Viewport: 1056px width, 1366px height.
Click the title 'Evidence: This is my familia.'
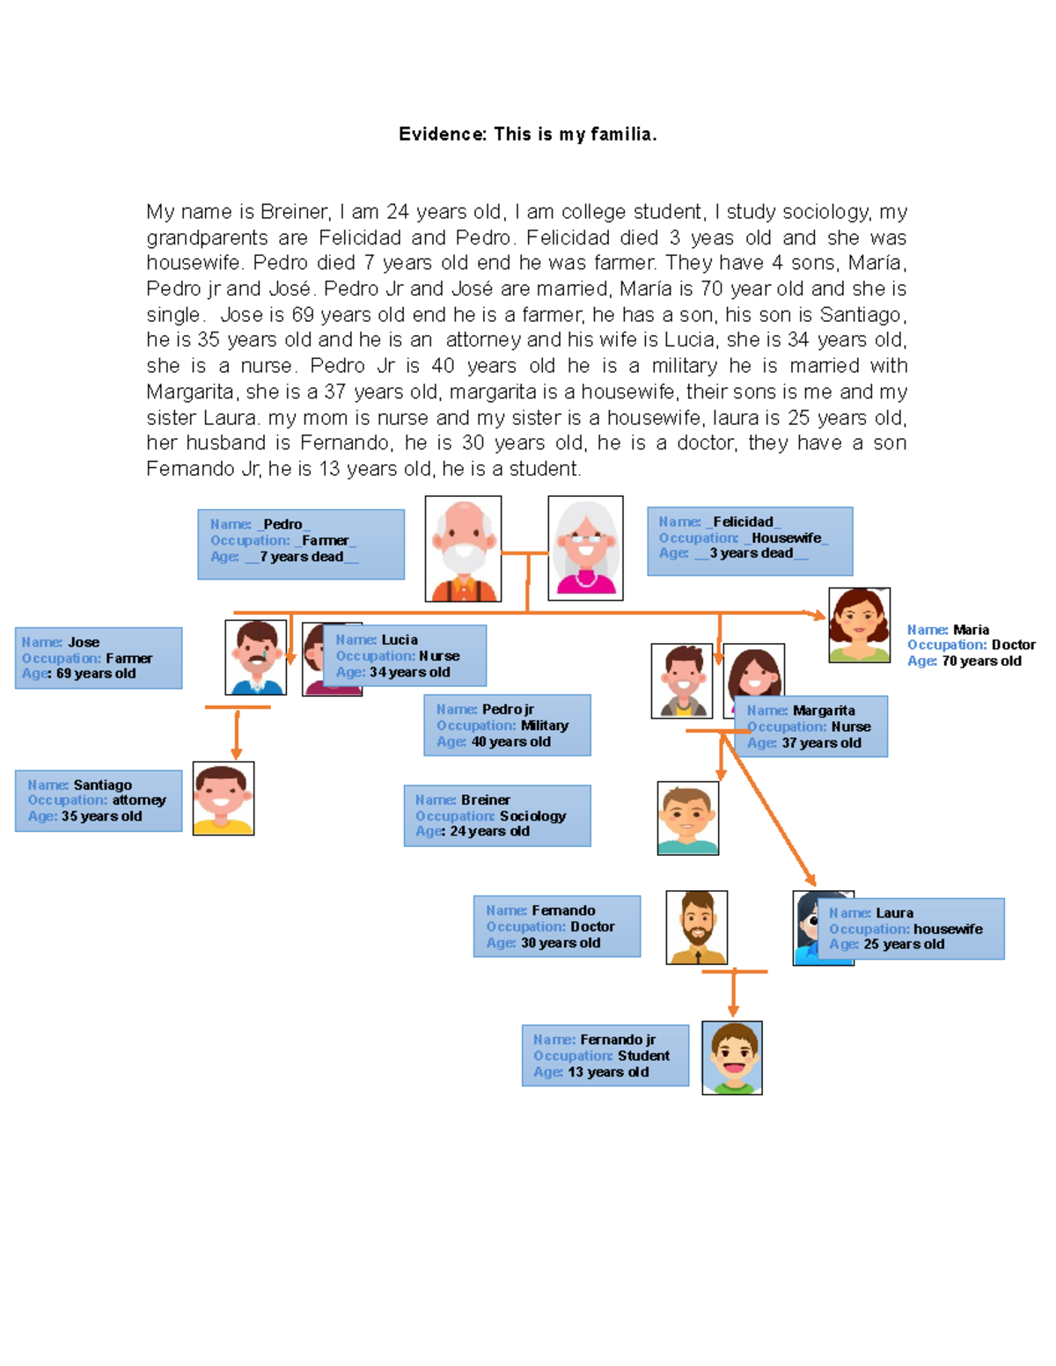[x=527, y=135]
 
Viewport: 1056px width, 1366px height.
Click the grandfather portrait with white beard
[x=463, y=549]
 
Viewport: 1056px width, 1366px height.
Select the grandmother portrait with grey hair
[x=585, y=548]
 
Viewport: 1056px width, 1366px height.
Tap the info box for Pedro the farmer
[x=301, y=544]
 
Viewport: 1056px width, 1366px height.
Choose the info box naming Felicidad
[x=750, y=541]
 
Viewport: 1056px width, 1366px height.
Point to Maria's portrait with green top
[x=859, y=625]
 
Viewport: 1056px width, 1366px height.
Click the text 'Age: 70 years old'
[x=964, y=661]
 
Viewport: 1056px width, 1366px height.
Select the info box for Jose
[x=99, y=658]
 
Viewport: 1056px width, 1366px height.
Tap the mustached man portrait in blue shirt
[x=256, y=657]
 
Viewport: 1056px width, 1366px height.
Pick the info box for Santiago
[x=99, y=800]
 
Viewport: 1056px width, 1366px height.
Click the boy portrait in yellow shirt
[x=224, y=799]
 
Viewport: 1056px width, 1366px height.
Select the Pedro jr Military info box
[x=507, y=726]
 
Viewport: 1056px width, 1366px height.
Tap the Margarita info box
[x=810, y=727]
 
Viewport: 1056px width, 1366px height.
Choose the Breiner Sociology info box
[x=497, y=815]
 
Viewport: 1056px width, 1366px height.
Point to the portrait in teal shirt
[x=688, y=818]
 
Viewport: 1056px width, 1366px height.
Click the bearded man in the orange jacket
[x=697, y=927]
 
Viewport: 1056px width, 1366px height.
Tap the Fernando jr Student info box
[x=605, y=1056]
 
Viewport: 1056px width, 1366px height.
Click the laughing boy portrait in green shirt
[x=732, y=1057]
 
